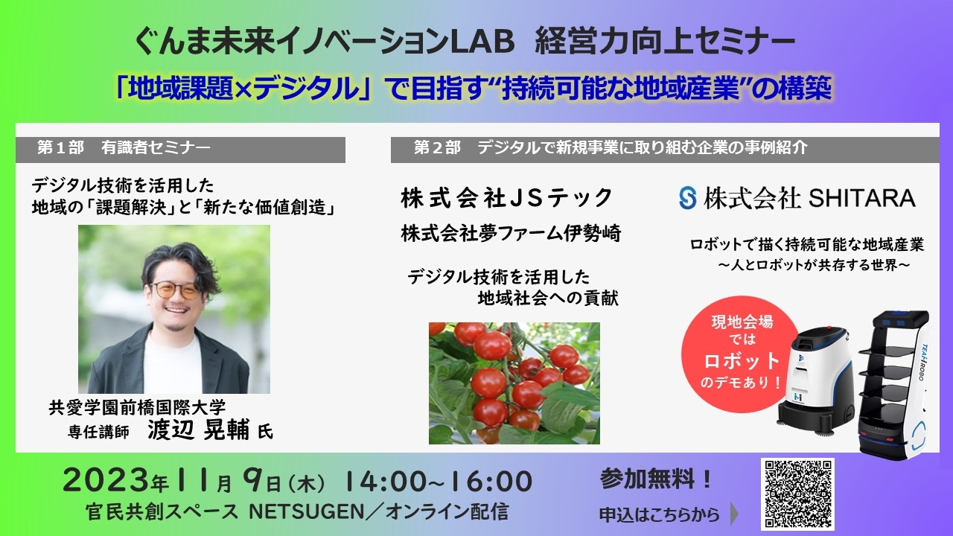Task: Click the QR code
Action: pos(797,494)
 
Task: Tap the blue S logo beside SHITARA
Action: pos(687,198)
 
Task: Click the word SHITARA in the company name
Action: pos(862,199)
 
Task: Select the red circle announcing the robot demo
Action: pos(742,354)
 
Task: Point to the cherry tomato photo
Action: pos(514,383)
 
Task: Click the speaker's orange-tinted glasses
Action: pos(176,290)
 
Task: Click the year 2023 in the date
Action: pos(107,481)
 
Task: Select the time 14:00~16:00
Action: pos(439,481)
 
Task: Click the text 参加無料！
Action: pos(656,479)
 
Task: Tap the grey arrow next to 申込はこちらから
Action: pos(734,514)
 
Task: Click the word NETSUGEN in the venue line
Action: pos(306,511)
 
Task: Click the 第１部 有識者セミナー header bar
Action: pos(180,150)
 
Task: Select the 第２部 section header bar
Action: pos(665,150)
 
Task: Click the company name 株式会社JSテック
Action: pos(506,198)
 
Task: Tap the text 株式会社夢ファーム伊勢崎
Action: pos(511,234)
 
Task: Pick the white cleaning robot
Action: pos(815,380)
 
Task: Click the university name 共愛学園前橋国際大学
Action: pos(137,407)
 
